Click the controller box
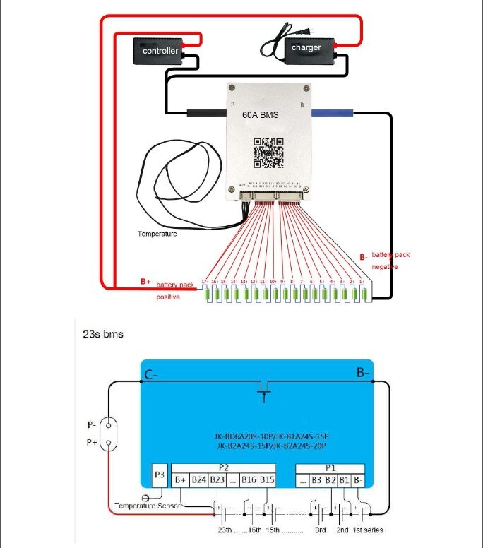pos(160,52)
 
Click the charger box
pos(306,49)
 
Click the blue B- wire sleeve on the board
pos(332,112)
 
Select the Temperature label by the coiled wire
pos(157,234)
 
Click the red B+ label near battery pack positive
pos(145,281)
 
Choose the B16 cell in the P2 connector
pos(248,480)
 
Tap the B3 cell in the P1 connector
pos(317,480)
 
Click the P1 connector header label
pos(330,467)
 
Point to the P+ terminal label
pos(92,443)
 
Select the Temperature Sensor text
pos(147,506)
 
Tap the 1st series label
pos(368,530)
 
